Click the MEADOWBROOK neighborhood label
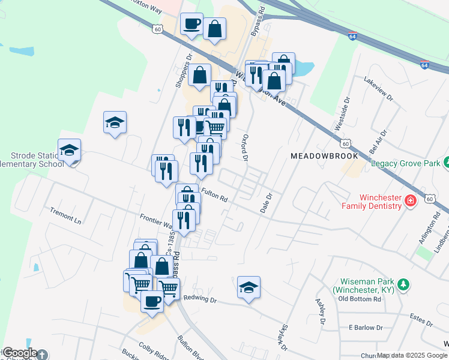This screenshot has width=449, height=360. click(324, 155)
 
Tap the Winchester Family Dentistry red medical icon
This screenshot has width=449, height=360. click(411, 200)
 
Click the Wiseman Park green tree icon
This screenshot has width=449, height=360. click(405, 283)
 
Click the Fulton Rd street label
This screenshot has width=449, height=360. click(215, 194)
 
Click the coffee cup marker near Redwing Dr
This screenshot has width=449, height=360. click(152, 300)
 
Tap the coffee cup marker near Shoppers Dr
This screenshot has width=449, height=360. click(191, 24)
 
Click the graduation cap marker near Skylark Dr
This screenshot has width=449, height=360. click(249, 287)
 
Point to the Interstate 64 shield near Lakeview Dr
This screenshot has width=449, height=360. click(424, 65)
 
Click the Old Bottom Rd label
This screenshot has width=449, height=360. click(360, 298)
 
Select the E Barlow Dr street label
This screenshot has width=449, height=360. click(366, 328)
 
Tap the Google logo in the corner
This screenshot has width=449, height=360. click(20, 353)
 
